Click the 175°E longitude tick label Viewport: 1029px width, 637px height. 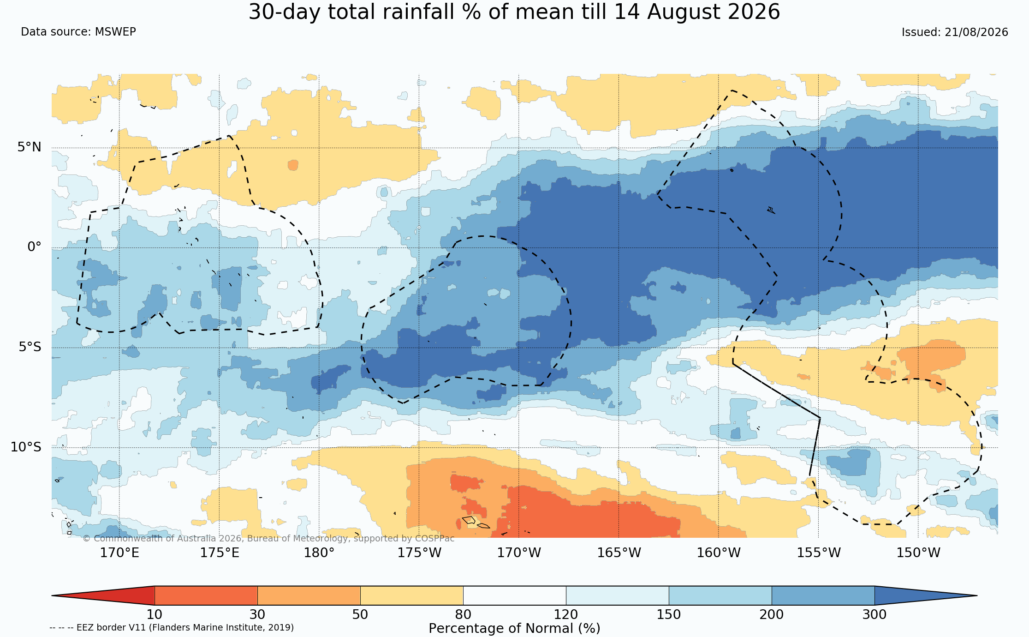click(x=220, y=553)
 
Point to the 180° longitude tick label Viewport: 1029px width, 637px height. click(x=319, y=553)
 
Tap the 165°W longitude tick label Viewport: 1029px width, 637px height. click(x=619, y=553)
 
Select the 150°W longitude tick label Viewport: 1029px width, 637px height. click(x=918, y=553)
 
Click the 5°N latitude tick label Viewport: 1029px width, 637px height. click(x=30, y=147)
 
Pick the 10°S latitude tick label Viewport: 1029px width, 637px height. click(x=26, y=447)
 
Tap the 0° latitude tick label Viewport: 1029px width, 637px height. click(x=34, y=247)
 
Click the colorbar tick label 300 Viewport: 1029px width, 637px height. click(x=874, y=615)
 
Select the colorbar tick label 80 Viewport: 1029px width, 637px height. click(x=463, y=615)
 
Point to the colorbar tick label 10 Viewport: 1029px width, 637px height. click(x=155, y=615)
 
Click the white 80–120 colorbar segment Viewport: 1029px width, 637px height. click(x=515, y=595)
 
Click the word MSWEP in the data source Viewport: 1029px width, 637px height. click(x=115, y=32)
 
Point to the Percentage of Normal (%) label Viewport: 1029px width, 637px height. click(x=514, y=629)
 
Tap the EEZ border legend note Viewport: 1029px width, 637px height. click(x=172, y=628)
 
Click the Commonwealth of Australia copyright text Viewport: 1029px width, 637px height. click(x=268, y=539)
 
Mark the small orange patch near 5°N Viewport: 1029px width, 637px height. click(x=293, y=165)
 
